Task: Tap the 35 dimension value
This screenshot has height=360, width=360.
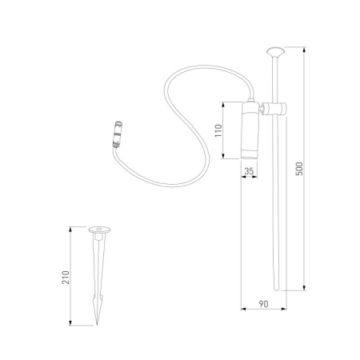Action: (x=250, y=170)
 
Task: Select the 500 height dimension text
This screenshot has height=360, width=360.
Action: (x=298, y=169)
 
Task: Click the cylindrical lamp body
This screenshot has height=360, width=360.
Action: (x=250, y=132)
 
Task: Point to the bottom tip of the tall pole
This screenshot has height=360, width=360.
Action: (x=278, y=288)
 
